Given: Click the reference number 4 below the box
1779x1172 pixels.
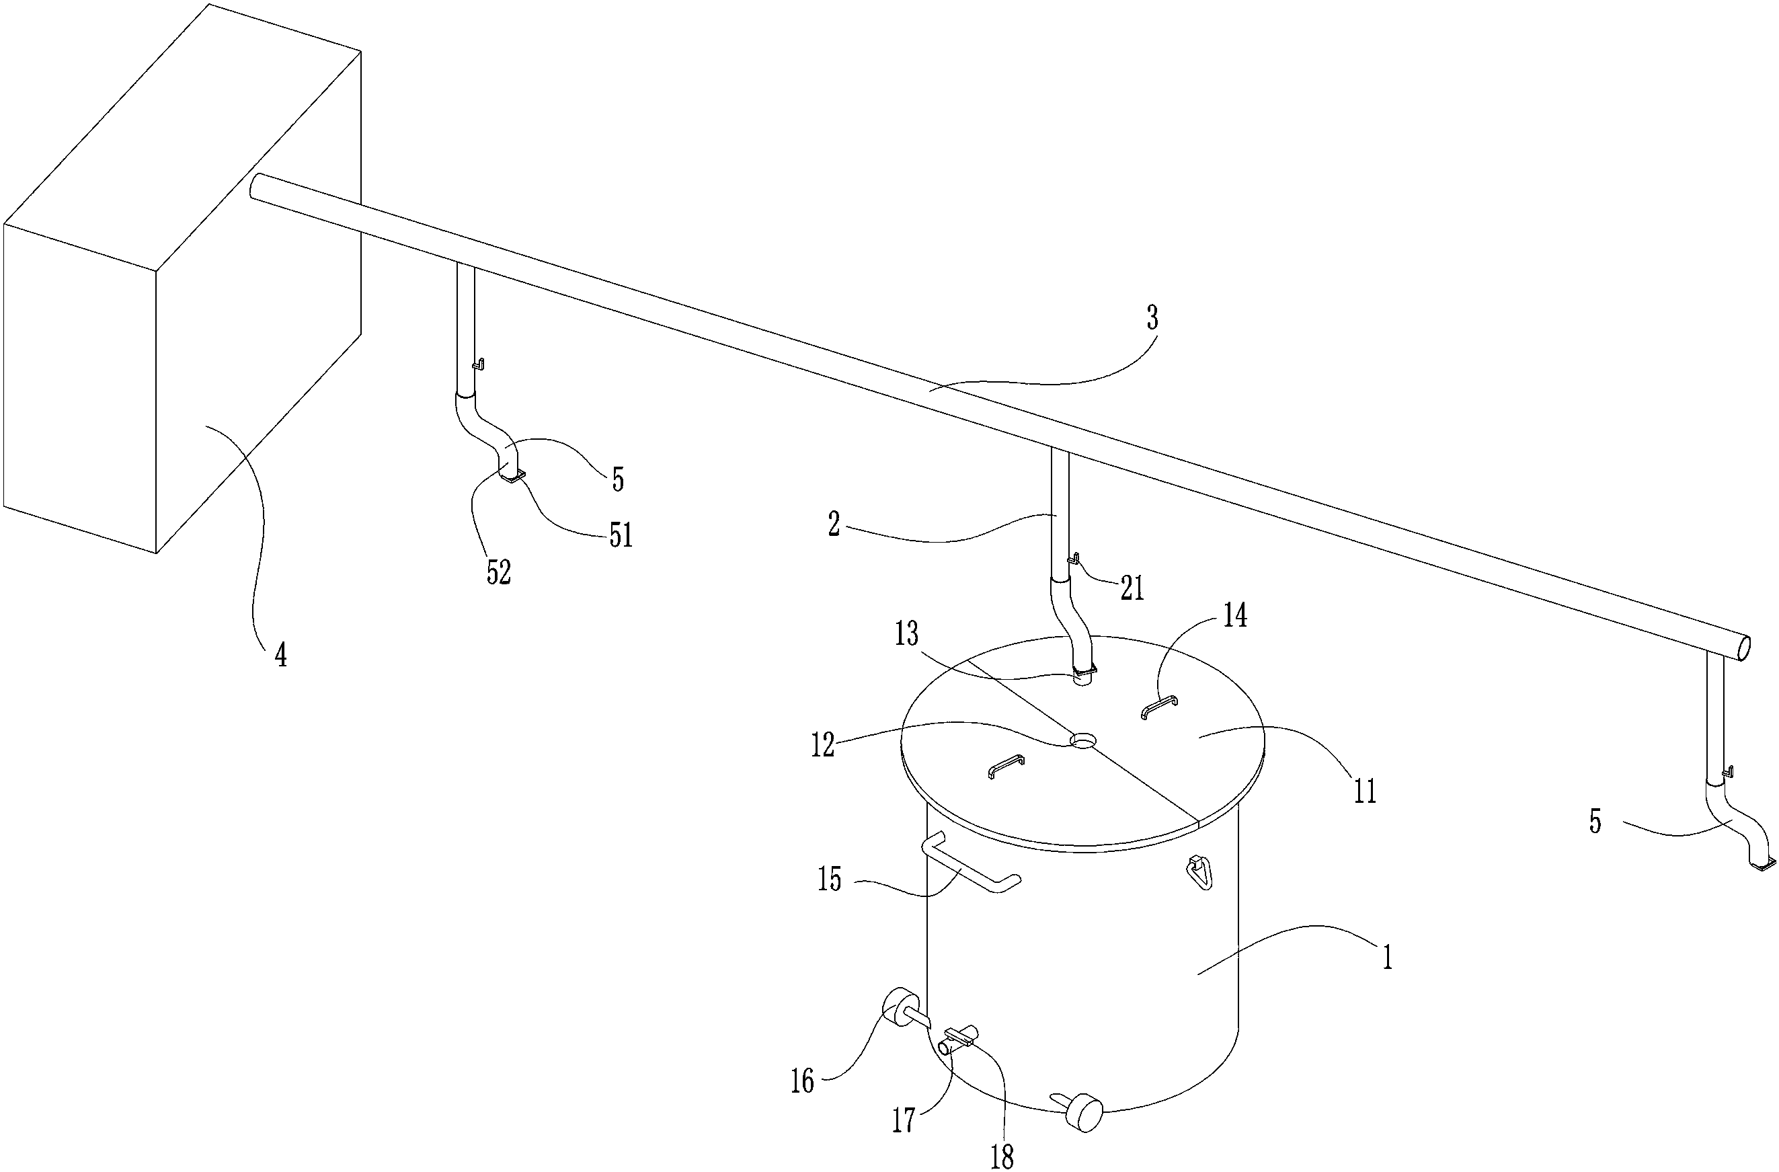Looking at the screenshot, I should coord(280,656).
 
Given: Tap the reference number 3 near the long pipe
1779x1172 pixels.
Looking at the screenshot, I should coord(1152,319).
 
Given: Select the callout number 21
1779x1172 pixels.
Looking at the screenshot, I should coord(1132,589).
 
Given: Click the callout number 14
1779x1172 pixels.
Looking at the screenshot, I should coord(1234,617).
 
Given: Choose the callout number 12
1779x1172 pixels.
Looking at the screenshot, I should coord(822,746).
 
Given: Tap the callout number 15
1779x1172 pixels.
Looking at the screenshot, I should coord(830,880).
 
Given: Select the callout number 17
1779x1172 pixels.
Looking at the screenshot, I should coord(904,1120).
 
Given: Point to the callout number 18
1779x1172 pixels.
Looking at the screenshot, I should coord(1002,1157).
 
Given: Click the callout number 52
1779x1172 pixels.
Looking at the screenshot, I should coord(499,572).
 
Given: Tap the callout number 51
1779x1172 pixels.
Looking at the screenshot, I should coord(621,535).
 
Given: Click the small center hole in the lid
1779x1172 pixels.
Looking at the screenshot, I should coord(1082,741).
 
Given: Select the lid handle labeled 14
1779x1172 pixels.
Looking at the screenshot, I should coord(1159,705).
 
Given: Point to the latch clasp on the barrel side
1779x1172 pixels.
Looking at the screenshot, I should coord(1199,872).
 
